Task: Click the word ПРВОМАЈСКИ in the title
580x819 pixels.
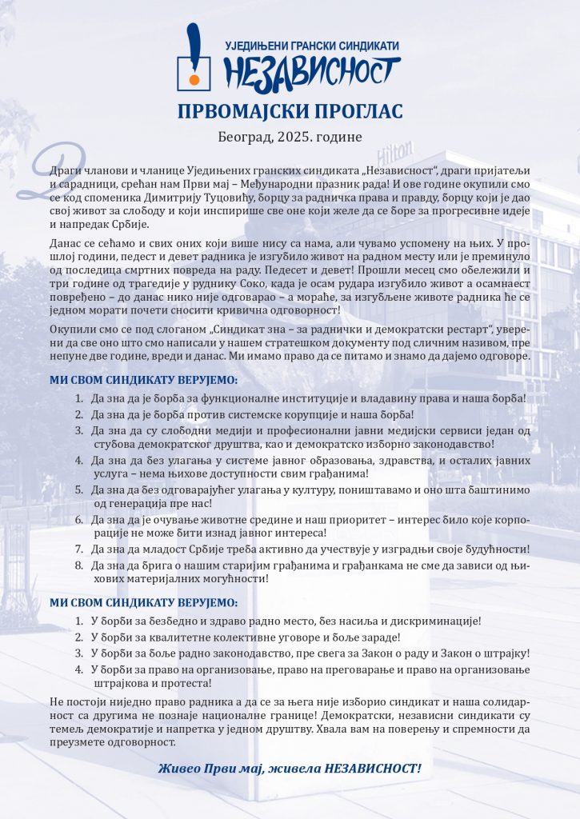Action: click(244, 110)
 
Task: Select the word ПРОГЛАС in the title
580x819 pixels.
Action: click(358, 110)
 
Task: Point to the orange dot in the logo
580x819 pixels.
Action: click(194, 79)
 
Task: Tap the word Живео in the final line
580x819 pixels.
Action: click(179, 769)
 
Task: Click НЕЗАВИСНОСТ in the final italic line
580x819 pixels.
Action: click(373, 769)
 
